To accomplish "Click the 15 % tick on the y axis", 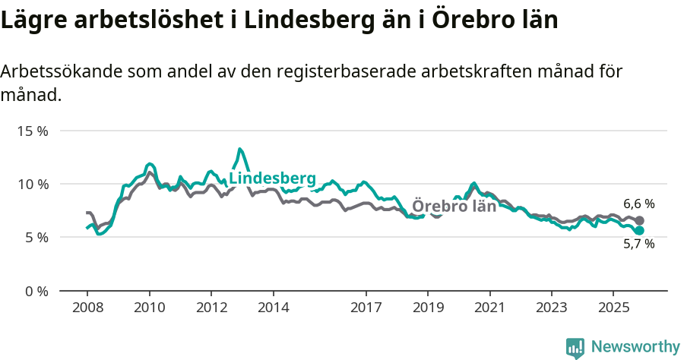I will pos(33,131).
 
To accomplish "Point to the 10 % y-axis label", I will pos(33,184).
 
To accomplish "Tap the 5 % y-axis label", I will pos(36,237).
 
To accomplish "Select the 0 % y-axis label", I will pos(36,291).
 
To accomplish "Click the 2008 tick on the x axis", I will pos(87,308).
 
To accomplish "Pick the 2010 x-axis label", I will pos(150,308).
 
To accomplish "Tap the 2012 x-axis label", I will pos(211,308).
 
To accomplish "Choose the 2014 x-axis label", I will pos(274,308).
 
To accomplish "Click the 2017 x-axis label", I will pos(366,308).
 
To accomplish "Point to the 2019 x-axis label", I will pos(428,308).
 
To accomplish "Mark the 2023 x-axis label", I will pos(552,308).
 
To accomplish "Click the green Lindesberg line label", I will pos(272,178).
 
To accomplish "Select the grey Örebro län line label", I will pos(454,206).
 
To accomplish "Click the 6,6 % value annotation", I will pos(639,204).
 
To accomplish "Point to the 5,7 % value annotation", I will pos(639,244).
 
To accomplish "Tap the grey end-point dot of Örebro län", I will pos(639,220).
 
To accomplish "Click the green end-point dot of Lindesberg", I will pos(639,230).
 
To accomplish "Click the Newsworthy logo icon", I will pos(575,348).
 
